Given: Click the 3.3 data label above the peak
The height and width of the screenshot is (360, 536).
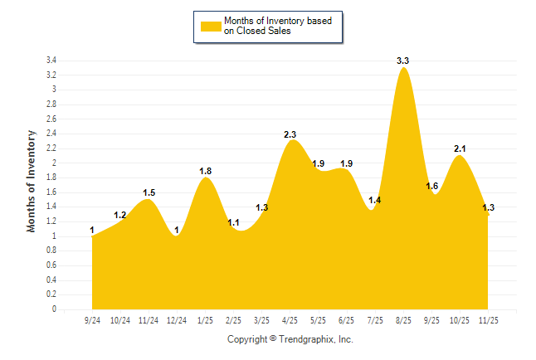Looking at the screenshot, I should pyautogui.click(x=404, y=61).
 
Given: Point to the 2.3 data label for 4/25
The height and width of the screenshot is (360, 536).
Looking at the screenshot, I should pyautogui.click(x=291, y=134).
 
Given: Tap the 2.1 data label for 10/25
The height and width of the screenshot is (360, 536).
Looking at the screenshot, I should pyautogui.click(x=460, y=148).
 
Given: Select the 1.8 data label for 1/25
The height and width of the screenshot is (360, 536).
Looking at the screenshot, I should pyautogui.click(x=206, y=171).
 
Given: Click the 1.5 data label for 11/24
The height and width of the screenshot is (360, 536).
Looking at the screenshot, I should pyautogui.click(x=149, y=192).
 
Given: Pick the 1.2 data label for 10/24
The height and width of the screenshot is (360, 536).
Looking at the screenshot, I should pyautogui.click(x=120, y=215).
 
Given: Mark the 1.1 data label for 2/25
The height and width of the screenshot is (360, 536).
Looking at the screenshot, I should pyautogui.click(x=234, y=222).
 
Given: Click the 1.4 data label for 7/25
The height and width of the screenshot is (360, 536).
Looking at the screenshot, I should pyautogui.click(x=375, y=200).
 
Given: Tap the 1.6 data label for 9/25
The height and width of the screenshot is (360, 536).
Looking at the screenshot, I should pyautogui.click(x=431, y=186).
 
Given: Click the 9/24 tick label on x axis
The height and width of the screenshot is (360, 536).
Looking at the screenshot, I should pyautogui.click(x=92, y=319).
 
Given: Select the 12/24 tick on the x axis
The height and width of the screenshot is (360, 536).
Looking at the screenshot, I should pyautogui.click(x=177, y=319).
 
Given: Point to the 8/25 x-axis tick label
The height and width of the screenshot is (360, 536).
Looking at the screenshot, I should pyautogui.click(x=403, y=319).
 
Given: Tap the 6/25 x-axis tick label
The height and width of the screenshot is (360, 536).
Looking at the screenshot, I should pyautogui.click(x=347, y=319).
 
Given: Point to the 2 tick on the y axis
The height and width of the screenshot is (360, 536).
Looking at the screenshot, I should pyautogui.click(x=53, y=163).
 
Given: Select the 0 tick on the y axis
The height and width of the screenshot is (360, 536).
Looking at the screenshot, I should pyautogui.click(x=53, y=309).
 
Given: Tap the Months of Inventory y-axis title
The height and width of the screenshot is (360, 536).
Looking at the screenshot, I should pyautogui.click(x=32, y=181).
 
